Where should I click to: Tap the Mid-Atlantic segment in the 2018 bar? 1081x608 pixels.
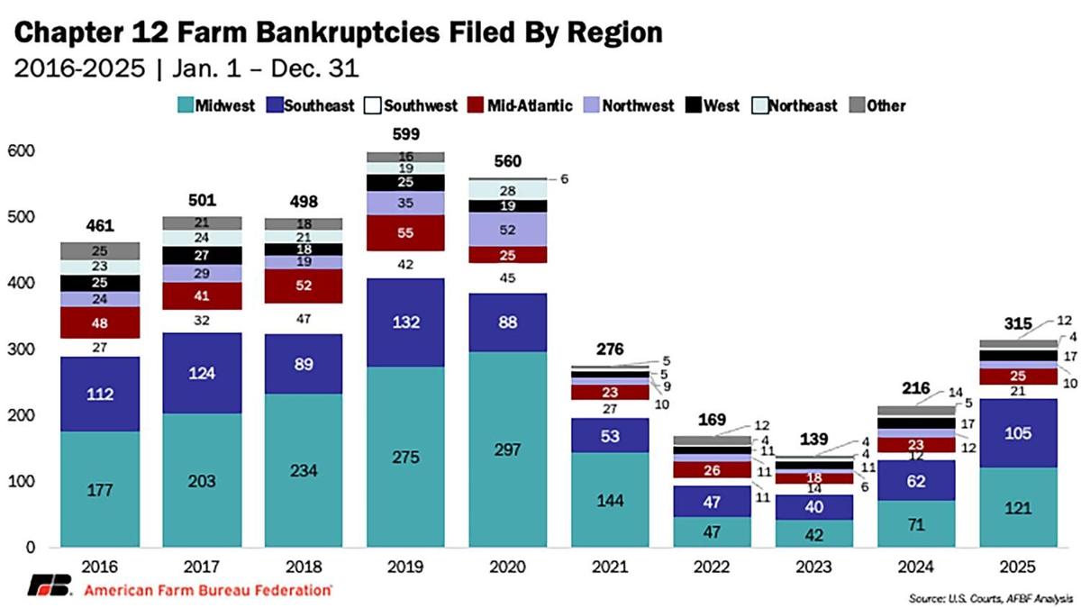pos(303,286)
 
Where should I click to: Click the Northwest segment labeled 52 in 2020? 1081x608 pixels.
pos(507,230)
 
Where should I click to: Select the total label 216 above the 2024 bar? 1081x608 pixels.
pos(917,388)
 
